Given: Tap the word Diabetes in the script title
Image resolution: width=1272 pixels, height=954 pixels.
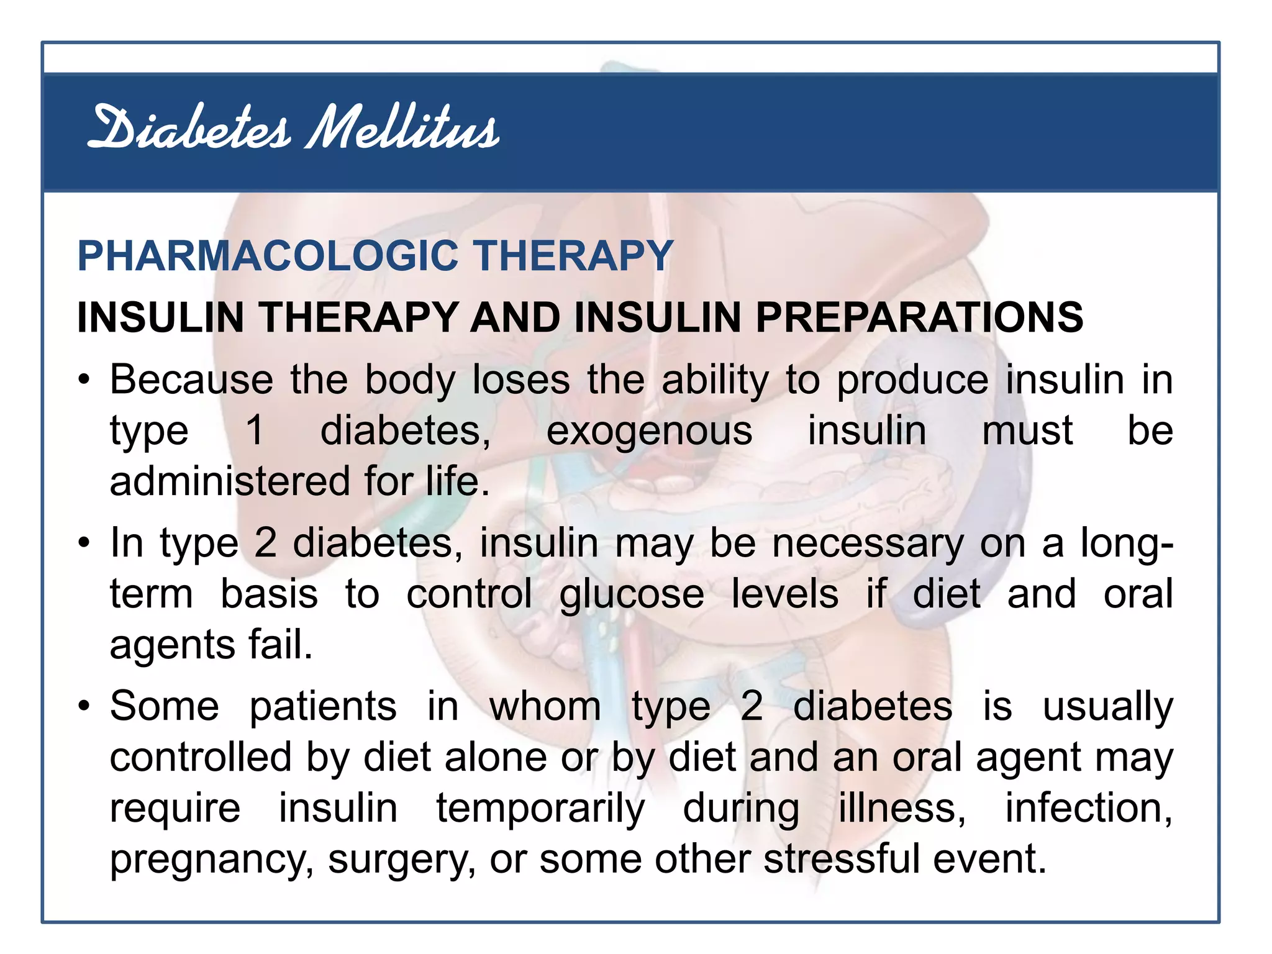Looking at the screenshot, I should tap(189, 127).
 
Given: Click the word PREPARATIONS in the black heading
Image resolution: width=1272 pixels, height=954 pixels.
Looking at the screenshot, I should tap(919, 317).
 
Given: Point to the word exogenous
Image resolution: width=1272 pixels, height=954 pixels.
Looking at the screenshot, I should tap(649, 430).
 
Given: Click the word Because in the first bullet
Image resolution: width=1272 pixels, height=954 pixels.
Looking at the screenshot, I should tap(191, 379).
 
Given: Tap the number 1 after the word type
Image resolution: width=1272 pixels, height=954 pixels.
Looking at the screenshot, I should tap(255, 430).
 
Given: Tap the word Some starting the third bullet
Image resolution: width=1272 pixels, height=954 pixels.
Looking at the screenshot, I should tap(165, 706).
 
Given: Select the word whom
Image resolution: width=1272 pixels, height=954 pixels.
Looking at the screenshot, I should tap(545, 706).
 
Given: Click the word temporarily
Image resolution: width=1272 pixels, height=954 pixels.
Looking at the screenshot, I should tap(540, 809).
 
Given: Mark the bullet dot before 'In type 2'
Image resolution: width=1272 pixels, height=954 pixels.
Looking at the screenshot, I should tap(84, 544).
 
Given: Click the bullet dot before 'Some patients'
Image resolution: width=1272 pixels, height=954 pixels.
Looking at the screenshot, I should tap(84, 707).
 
